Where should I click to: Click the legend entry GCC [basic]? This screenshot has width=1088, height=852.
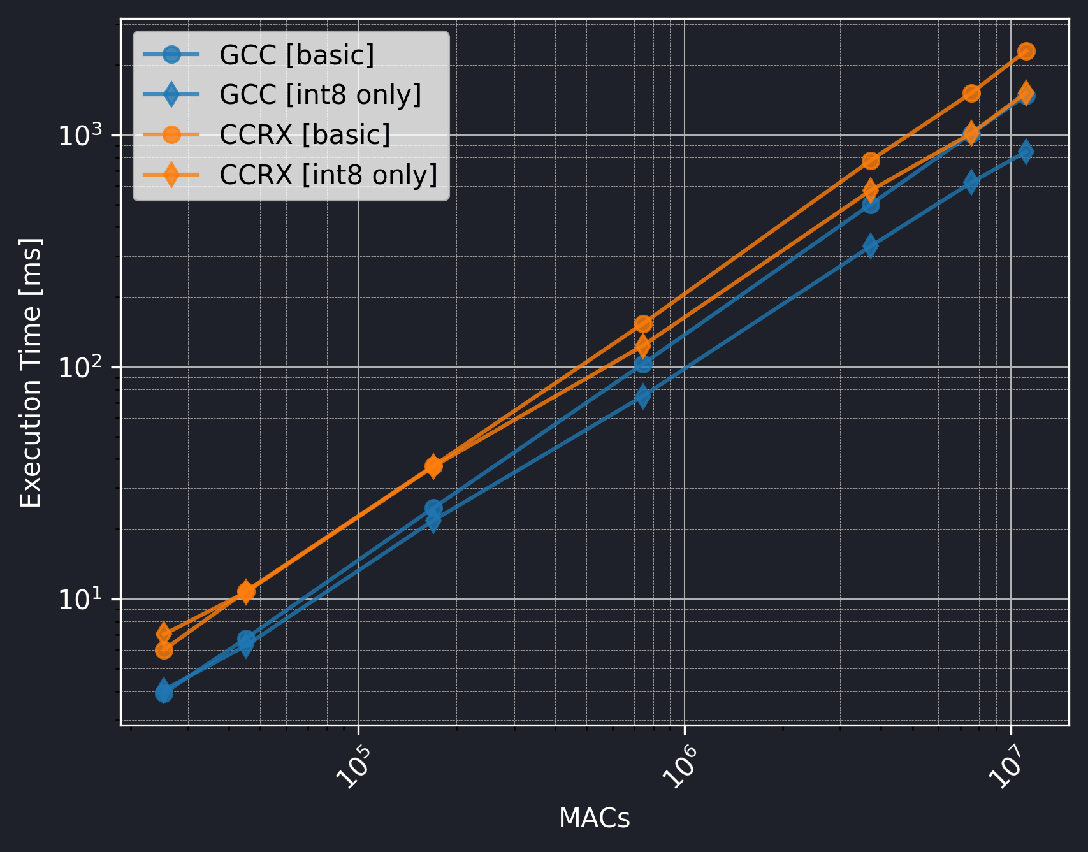(296, 55)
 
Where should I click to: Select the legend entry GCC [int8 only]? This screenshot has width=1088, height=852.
(320, 94)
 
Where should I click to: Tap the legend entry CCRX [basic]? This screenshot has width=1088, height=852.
(305, 134)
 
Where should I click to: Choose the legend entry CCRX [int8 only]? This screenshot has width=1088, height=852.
(328, 175)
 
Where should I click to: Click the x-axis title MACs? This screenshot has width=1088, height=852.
(594, 818)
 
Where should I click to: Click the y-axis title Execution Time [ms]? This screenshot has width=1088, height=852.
(31, 373)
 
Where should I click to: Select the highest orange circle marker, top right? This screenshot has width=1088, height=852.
(1026, 51)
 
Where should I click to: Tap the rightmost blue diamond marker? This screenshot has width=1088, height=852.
(1026, 151)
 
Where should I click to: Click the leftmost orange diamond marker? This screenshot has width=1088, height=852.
(164, 633)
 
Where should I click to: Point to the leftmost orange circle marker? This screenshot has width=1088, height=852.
(164, 650)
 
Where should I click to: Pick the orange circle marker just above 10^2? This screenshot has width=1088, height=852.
(643, 324)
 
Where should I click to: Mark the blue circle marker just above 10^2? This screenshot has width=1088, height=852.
(643, 363)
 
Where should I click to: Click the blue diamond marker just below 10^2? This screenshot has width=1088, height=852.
(643, 396)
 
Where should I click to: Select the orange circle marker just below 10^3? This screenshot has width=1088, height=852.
(871, 161)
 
